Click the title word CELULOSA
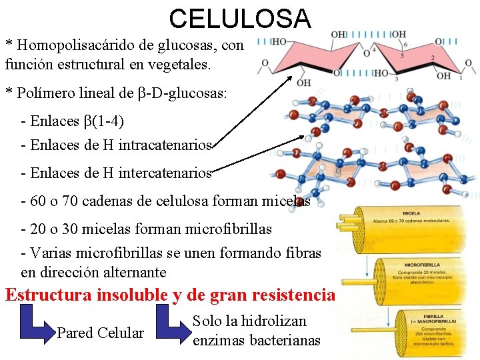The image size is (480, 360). [x=240, y=18]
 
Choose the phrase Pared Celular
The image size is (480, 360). [x=100, y=332]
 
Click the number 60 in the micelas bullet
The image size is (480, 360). [x=39, y=201]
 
